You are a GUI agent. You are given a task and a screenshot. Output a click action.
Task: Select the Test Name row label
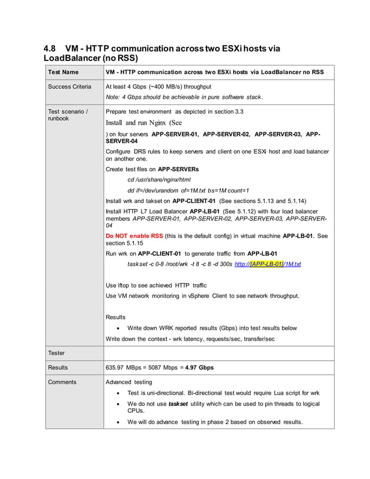click(63, 72)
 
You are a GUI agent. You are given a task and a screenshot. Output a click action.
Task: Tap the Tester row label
click(57, 353)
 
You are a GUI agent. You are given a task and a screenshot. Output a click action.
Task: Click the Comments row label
click(62, 382)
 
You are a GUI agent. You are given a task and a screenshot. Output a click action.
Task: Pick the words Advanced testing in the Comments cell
click(129, 382)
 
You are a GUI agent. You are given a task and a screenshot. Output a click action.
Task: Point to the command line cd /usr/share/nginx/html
click(159, 180)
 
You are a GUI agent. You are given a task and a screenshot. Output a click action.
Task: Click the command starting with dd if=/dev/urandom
click(188, 190)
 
